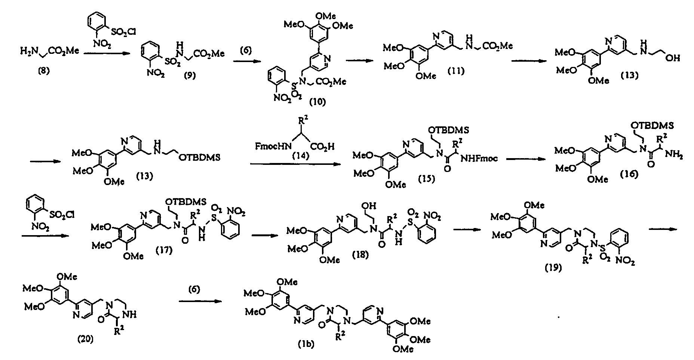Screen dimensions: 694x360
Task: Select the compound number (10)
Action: click(x=317, y=101)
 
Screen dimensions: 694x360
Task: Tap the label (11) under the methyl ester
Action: click(x=456, y=71)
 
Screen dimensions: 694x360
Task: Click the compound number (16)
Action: click(x=629, y=174)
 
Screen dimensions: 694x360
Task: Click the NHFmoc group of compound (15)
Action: click(x=479, y=159)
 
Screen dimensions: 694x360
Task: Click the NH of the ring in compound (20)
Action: click(x=131, y=315)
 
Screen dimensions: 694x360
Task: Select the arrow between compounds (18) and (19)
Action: click(x=467, y=230)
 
